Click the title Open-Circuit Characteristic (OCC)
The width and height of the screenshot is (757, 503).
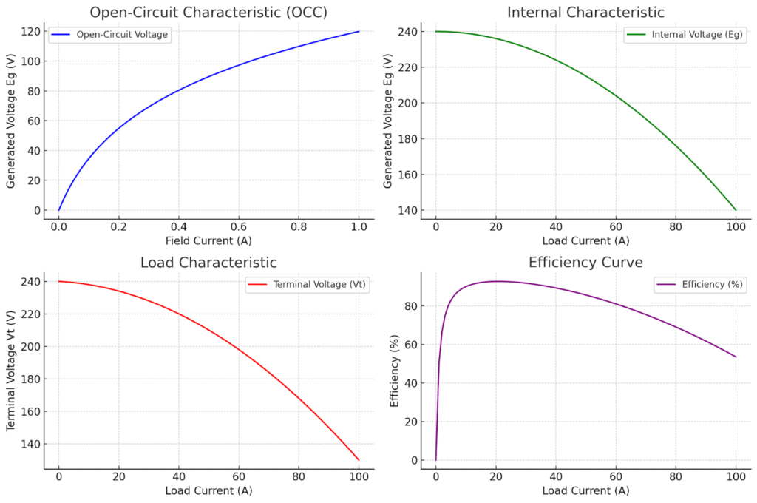pos(208,12)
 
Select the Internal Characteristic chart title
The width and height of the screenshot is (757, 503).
pos(585,12)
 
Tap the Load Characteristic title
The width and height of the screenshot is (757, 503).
pos(208,263)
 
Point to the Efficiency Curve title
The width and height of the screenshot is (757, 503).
pos(585,263)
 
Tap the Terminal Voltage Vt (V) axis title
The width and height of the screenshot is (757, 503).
pos(12,370)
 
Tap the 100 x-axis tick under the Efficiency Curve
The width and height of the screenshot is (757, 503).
pos(736,476)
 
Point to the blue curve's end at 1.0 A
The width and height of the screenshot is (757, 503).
pos(359,31)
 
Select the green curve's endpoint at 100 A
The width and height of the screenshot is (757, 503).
pos(736,210)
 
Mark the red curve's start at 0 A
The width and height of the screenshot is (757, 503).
pos(59,281)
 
